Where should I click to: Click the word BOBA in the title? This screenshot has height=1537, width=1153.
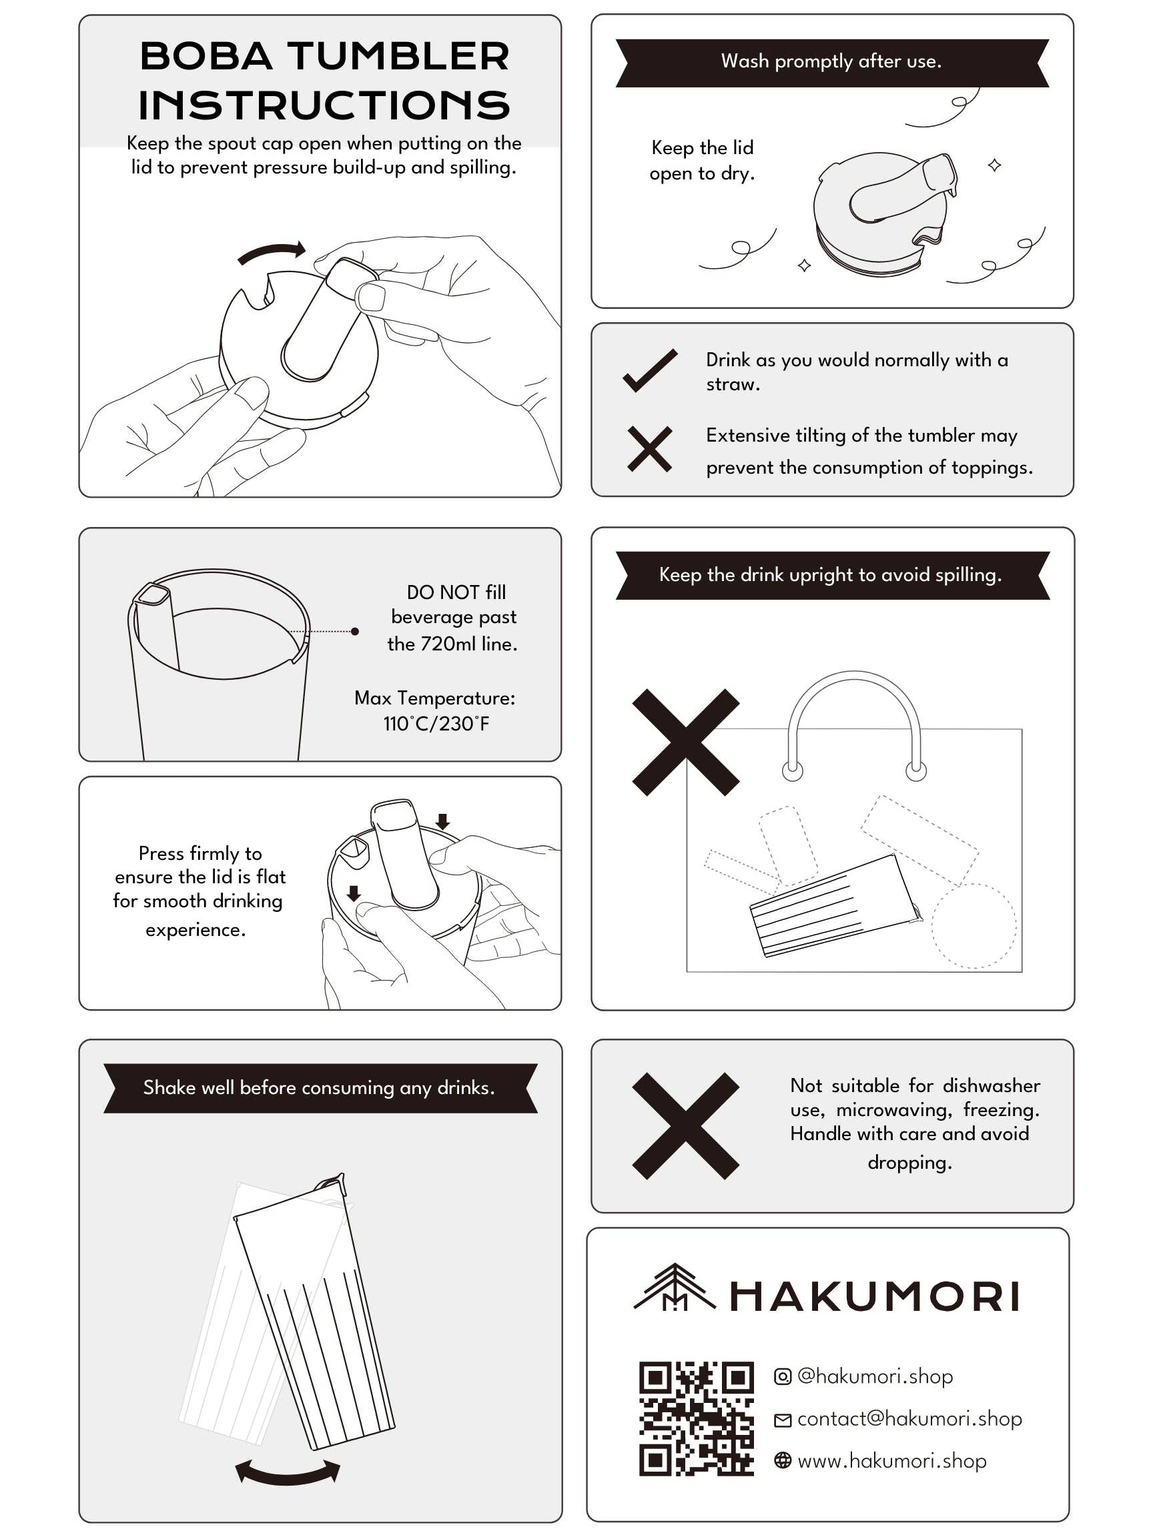(x=206, y=56)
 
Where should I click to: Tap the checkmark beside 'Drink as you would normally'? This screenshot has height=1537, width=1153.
(x=649, y=370)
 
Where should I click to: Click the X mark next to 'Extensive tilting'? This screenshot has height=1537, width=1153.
(x=649, y=449)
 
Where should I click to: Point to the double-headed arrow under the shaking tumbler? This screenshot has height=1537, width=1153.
(x=287, y=1472)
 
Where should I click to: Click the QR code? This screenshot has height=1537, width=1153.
(x=696, y=1418)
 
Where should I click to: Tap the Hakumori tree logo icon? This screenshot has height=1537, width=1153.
(x=673, y=1288)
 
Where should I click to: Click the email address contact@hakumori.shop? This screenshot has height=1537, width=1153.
(x=909, y=1419)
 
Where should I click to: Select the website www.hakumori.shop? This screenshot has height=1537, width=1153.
(x=891, y=1461)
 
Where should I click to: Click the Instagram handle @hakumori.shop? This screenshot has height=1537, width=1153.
(x=874, y=1376)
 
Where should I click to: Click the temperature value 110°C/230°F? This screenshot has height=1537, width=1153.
(x=436, y=724)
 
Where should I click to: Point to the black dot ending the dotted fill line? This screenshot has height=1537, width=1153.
(x=355, y=631)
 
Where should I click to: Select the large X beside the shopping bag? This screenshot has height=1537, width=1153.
(x=685, y=742)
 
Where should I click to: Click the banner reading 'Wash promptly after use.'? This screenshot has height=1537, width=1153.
(x=831, y=62)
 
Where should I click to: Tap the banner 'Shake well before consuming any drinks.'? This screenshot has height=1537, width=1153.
(x=320, y=1088)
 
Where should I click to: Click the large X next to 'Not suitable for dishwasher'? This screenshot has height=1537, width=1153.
(x=685, y=1125)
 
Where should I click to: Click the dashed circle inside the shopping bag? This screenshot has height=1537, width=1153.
(x=973, y=926)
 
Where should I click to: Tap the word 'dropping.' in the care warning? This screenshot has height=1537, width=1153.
(x=909, y=1163)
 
